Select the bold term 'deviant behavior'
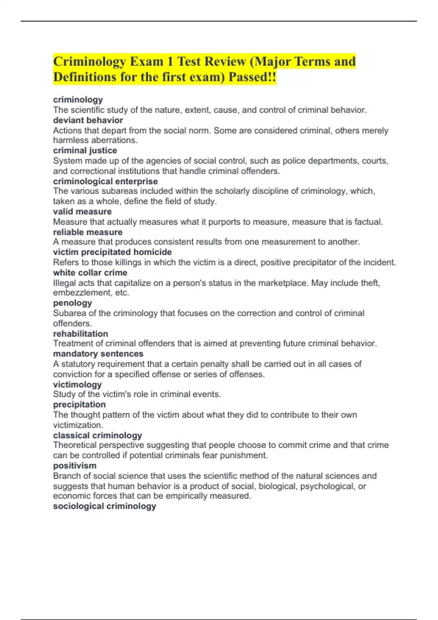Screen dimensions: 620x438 click(88, 120)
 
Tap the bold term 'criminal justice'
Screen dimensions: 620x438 click(85, 150)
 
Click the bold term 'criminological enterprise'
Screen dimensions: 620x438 click(105, 181)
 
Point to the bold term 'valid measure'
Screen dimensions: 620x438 click(82, 212)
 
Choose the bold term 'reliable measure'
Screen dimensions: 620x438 click(88, 232)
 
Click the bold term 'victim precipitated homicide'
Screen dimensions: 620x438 click(112, 252)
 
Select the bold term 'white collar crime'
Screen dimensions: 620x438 click(90, 272)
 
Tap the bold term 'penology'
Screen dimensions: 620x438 click(72, 303)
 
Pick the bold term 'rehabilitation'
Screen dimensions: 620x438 click(81, 334)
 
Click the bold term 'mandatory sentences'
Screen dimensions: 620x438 click(98, 354)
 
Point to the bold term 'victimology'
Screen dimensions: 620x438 click(77, 384)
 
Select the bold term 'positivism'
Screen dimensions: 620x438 click(75, 465)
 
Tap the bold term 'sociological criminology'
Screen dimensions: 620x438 click(105, 506)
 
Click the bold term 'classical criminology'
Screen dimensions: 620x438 click(97, 435)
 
